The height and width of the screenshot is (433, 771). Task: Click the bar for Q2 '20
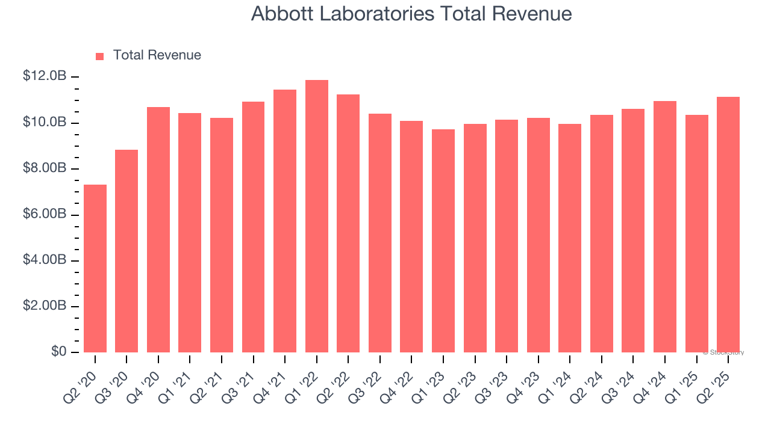coord(95,268)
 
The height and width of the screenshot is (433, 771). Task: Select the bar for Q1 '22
coord(317,216)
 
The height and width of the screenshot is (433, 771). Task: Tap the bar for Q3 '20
coord(126,251)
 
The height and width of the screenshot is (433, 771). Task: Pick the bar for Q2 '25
coord(728,224)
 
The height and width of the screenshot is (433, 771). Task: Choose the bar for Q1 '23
coord(443,241)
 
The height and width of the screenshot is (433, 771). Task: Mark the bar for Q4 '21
coord(285,221)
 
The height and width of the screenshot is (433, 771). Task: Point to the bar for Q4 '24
coord(665,227)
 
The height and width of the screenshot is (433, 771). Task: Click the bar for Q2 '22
coord(348,223)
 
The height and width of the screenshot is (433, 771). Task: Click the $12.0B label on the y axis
coord(45,76)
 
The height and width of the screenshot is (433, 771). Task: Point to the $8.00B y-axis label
coord(45,168)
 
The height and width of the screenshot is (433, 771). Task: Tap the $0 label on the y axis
coord(58,352)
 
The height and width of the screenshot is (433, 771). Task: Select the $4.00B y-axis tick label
coord(45,260)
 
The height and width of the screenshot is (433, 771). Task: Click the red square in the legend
coord(100,57)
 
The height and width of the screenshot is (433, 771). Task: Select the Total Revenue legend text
coord(157,55)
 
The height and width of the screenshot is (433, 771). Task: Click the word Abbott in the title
coord(281,14)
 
